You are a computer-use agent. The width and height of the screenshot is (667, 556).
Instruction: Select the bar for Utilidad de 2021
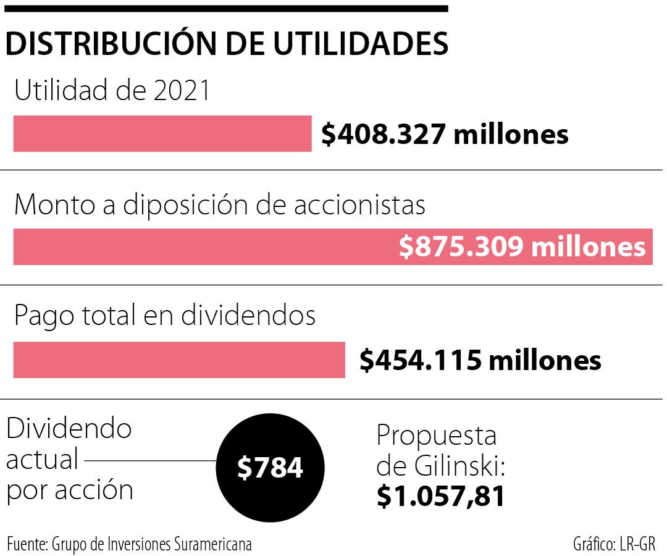click(162, 133)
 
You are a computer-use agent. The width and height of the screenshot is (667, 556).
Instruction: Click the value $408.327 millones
click(445, 134)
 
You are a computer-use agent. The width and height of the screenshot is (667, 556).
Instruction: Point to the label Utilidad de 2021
click(112, 91)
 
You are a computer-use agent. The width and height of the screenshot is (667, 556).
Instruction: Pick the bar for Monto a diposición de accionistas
click(204, 247)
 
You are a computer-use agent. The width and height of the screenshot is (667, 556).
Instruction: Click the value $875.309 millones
click(522, 247)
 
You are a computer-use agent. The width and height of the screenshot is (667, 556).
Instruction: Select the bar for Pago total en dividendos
click(179, 360)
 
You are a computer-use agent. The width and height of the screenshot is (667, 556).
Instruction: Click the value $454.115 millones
click(480, 360)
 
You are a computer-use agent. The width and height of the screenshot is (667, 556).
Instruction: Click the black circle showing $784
click(271, 468)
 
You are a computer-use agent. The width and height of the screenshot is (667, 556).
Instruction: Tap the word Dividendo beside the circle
click(69, 428)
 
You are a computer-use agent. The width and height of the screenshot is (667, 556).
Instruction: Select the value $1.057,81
click(440, 496)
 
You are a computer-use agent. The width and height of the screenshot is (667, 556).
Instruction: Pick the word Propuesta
click(437, 436)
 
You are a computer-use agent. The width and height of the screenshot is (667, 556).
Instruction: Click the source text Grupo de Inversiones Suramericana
click(152, 545)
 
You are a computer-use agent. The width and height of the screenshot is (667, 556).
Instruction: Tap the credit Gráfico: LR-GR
click(613, 545)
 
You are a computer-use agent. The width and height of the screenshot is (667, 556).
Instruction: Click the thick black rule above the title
click(226, 9)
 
